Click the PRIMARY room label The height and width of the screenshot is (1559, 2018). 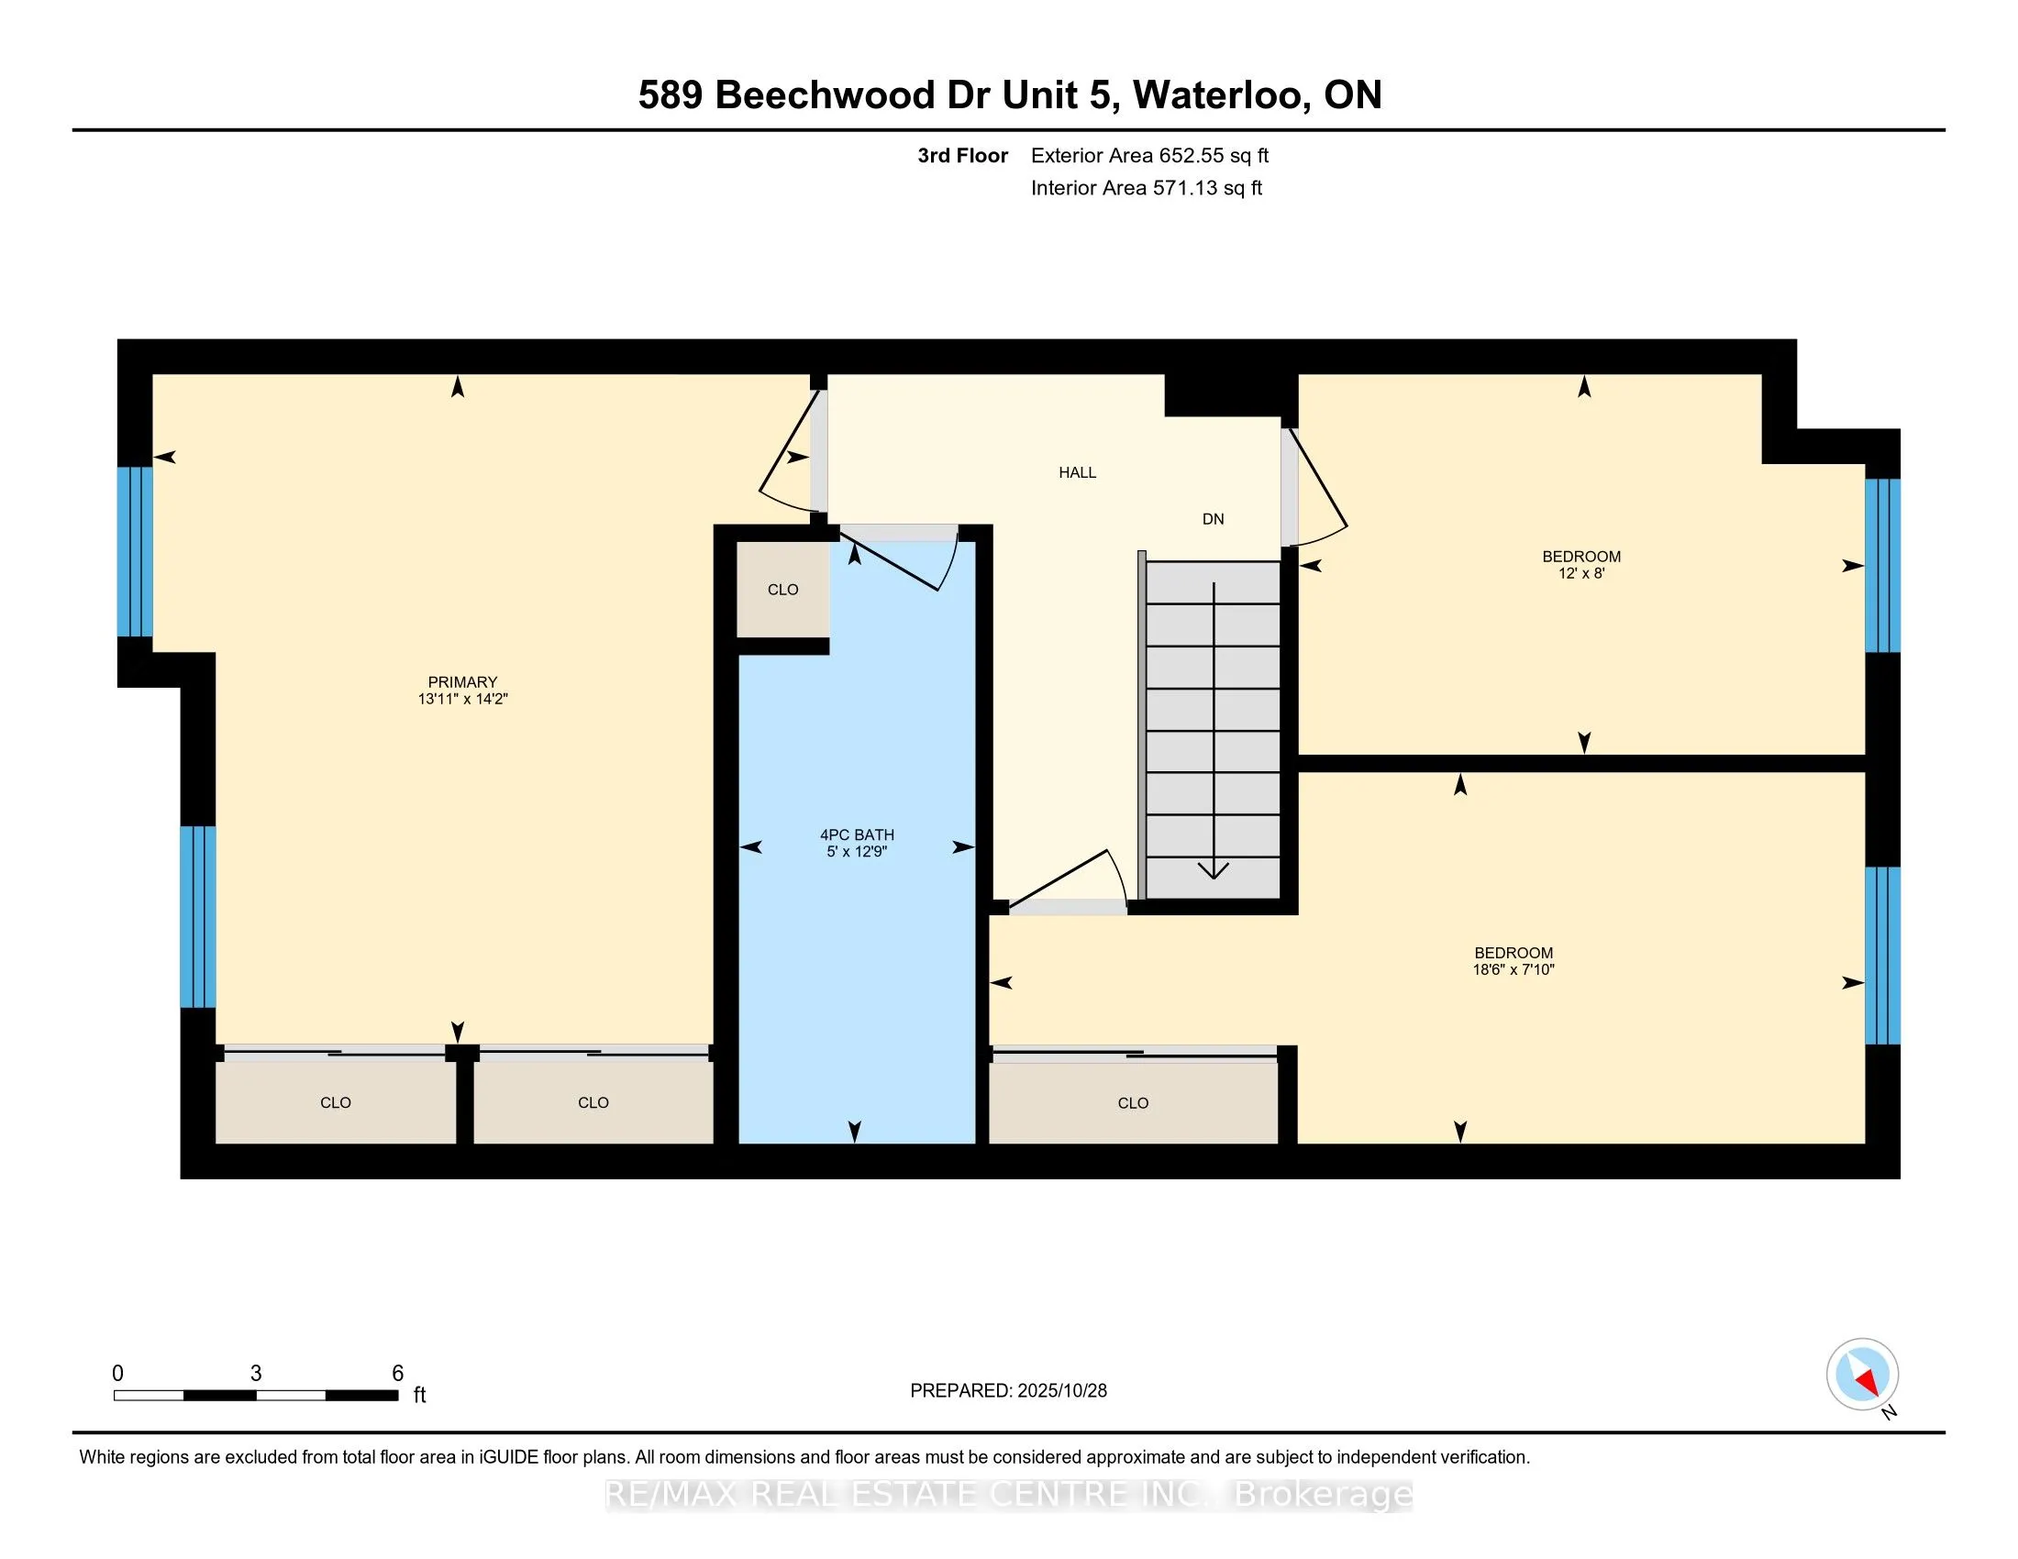[462, 681]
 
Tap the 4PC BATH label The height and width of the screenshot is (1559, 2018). [857, 834]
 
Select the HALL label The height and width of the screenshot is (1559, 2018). [1077, 472]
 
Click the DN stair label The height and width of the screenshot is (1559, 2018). [1213, 519]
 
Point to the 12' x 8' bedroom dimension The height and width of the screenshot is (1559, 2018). [1581, 573]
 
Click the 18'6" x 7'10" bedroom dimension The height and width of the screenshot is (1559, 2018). [1513, 969]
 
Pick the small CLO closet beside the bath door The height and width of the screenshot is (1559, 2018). [782, 590]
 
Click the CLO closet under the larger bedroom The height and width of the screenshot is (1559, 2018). [1133, 1102]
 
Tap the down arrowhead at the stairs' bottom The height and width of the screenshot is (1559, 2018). [1214, 869]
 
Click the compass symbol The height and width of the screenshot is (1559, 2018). [1862, 1374]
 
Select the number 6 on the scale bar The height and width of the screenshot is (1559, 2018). [397, 1373]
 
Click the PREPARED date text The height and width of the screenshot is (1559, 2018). [1008, 1390]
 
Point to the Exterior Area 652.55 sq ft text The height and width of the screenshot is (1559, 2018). [1149, 155]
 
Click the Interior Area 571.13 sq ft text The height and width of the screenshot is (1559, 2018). [1146, 187]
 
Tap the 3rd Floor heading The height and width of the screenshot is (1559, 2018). [962, 155]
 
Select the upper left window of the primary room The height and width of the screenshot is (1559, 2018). [135, 551]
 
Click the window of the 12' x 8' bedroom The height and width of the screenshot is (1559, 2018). [1882, 565]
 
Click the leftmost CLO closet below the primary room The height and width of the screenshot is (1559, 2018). [336, 1101]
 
